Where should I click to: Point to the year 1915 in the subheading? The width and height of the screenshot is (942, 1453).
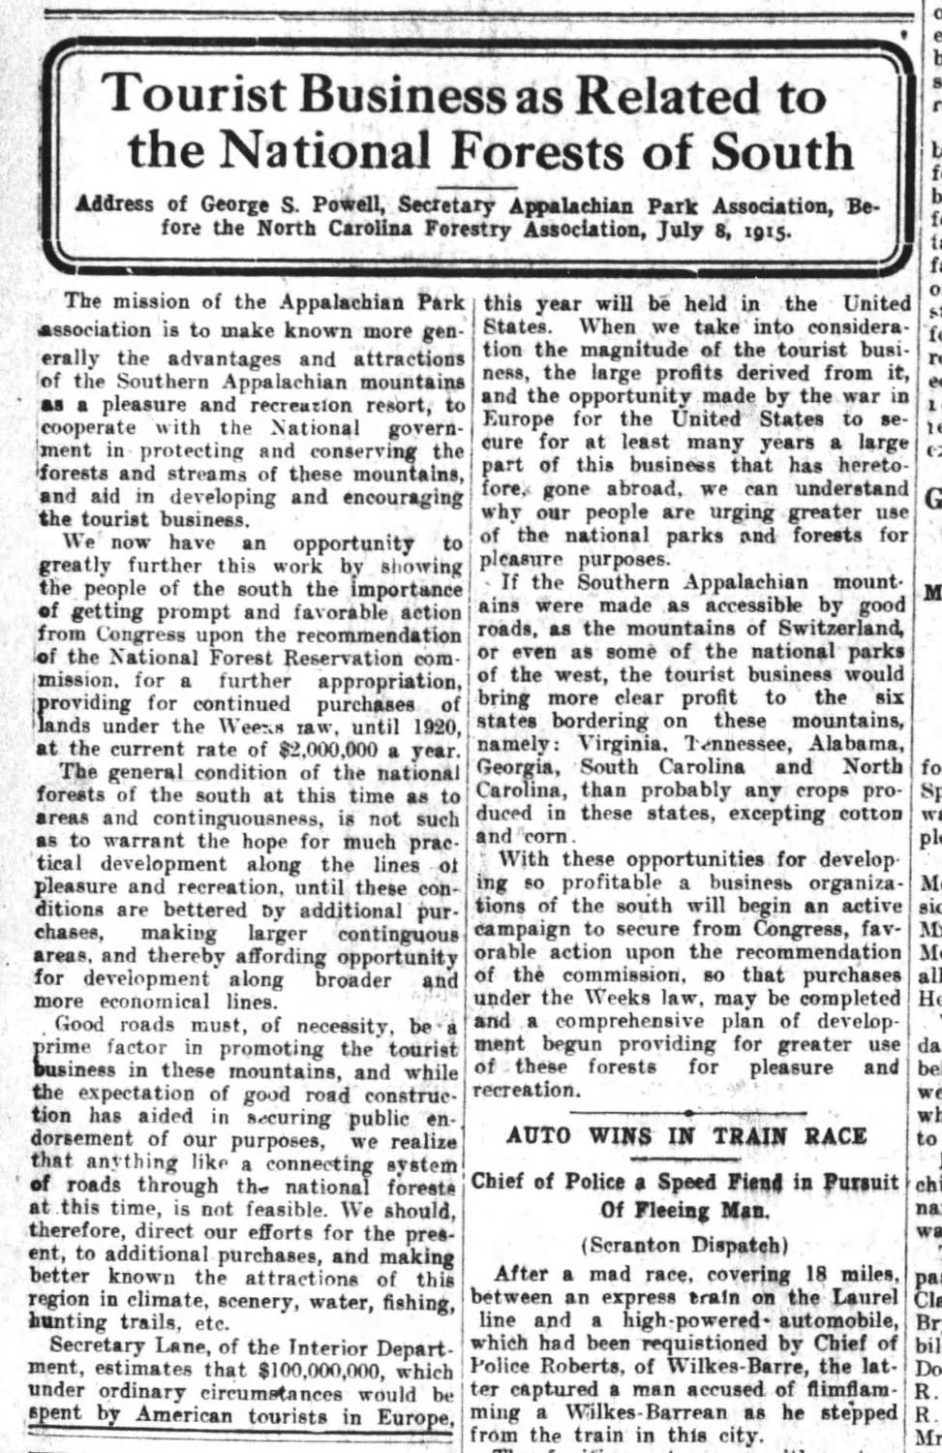click(768, 232)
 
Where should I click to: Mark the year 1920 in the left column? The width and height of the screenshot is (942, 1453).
click(436, 726)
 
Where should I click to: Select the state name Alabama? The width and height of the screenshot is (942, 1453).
click(856, 743)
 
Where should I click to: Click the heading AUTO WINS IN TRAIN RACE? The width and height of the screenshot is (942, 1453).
click(686, 1135)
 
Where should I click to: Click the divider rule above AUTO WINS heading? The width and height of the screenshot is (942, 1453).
click(686, 1112)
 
